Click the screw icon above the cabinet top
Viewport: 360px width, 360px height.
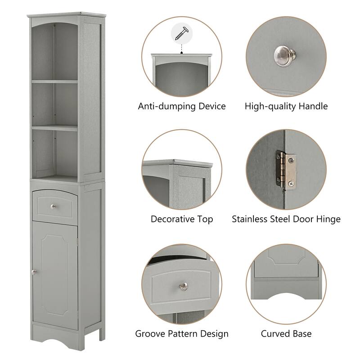[182, 33]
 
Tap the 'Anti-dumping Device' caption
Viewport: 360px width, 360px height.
[182, 107]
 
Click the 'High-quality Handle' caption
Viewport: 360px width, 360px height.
[286, 107]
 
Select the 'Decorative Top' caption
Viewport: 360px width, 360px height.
[182, 219]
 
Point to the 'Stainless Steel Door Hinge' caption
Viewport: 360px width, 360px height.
[286, 219]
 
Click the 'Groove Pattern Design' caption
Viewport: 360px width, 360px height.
[182, 334]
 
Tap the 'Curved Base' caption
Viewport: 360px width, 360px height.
[286, 334]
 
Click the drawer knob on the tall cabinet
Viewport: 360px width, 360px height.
[53, 206]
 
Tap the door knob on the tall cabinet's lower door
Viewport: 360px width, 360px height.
[33, 272]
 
